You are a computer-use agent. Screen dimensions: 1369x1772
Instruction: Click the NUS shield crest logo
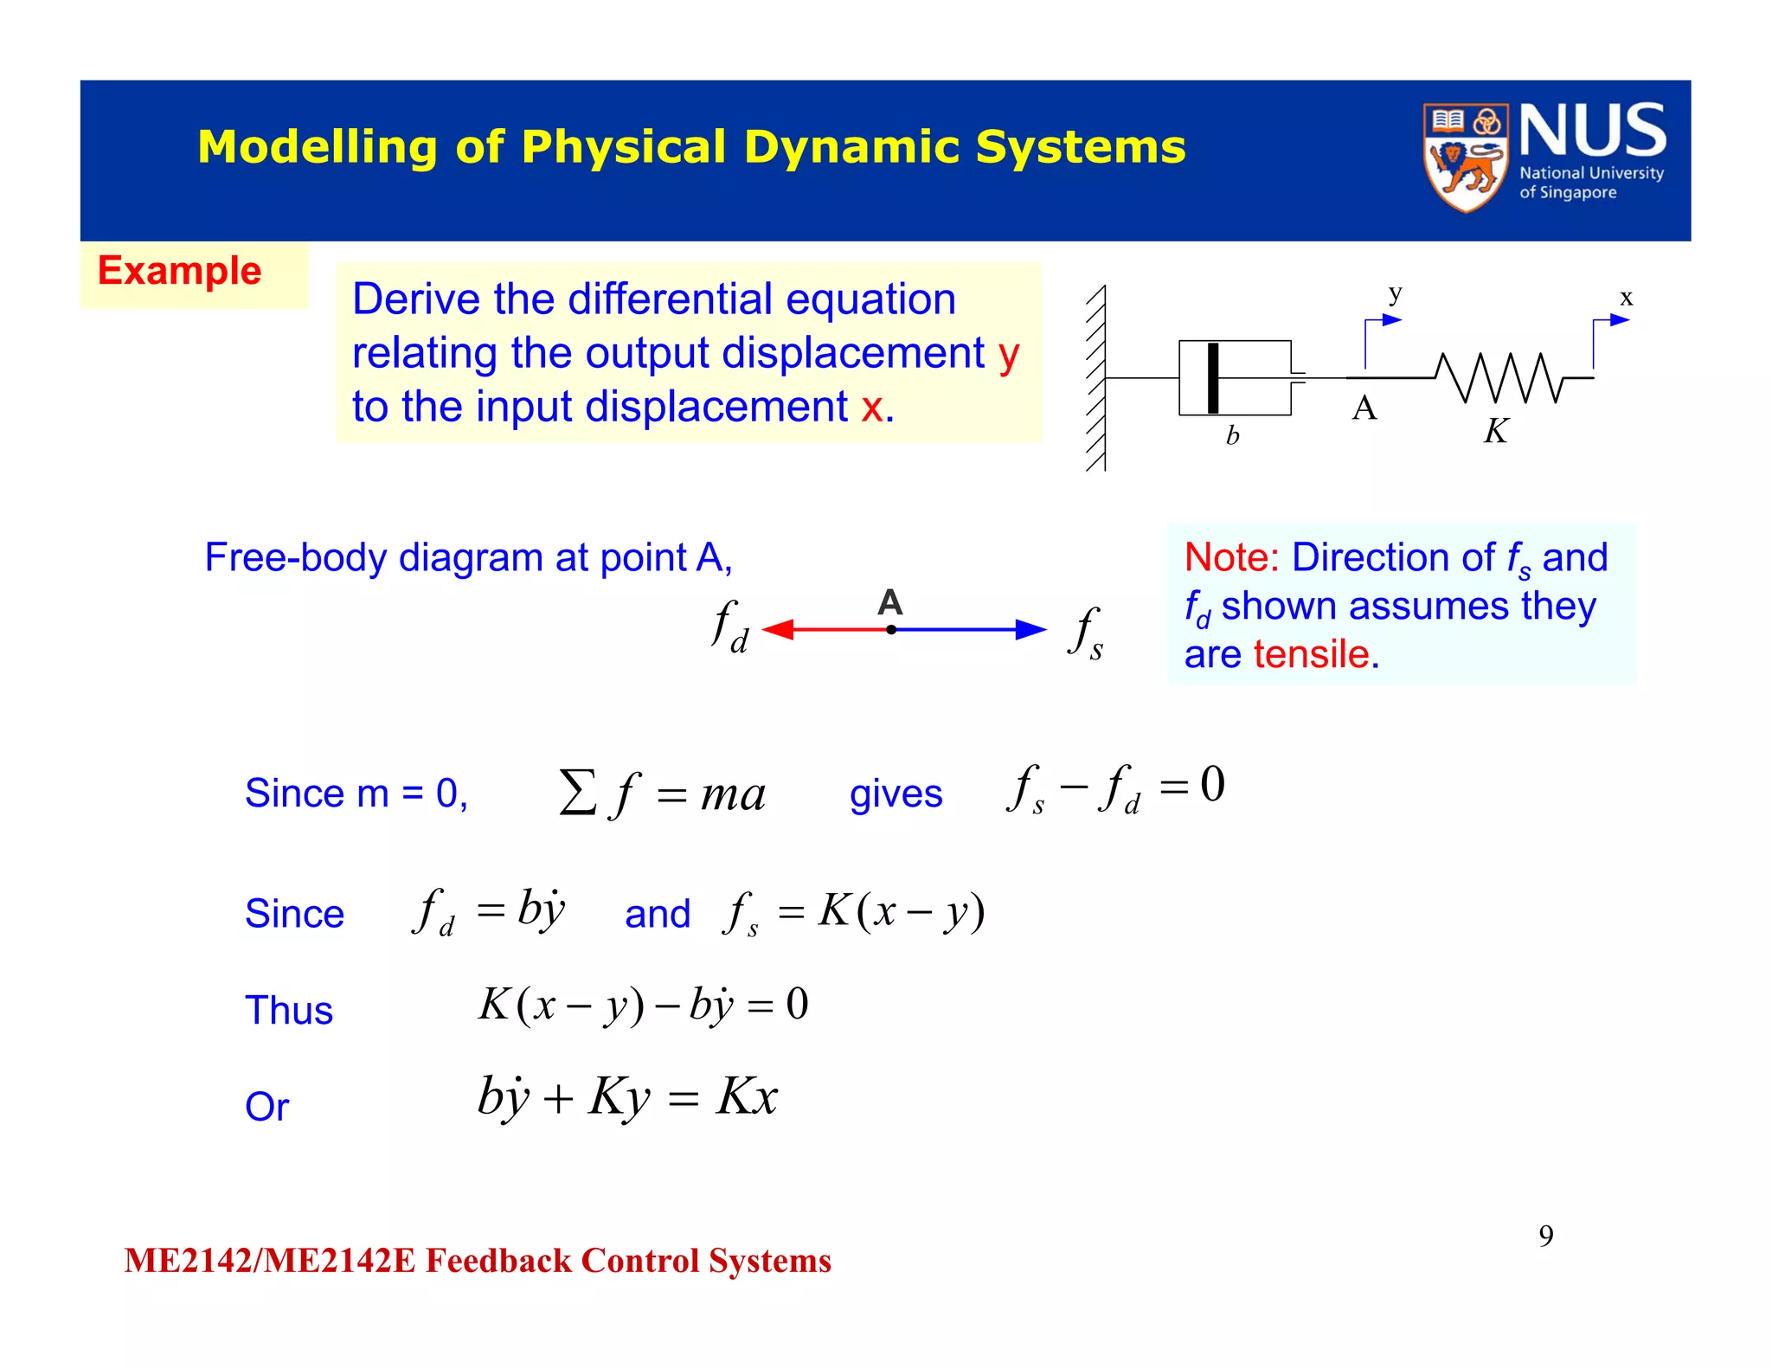click(1465, 157)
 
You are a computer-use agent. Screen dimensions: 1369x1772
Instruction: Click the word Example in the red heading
click(179, 271)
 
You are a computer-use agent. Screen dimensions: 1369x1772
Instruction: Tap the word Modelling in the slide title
click(317, 146)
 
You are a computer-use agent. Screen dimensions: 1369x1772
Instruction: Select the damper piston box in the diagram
click(1235, 378)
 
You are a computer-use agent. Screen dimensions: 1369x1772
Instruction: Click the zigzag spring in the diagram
click(1499, 377)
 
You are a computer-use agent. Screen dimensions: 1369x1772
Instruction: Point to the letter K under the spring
click(1496, 431)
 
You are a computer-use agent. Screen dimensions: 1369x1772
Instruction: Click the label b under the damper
click(1232, 435)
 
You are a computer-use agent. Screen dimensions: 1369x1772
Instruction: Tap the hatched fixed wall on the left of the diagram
click(1096, 378)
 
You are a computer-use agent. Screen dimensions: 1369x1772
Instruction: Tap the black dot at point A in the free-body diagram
click(891, 630)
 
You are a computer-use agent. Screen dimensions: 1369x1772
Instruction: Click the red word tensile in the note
click(1312, 654)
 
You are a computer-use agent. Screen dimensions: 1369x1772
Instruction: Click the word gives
click(896, 794)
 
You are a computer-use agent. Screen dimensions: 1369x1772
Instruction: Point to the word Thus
click(289, 1010)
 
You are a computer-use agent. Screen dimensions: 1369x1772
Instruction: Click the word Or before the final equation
click(266, 1106)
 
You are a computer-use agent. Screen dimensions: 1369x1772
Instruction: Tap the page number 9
click(1545, 1236)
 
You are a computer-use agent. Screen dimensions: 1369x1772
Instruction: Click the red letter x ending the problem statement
click(872, 407)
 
